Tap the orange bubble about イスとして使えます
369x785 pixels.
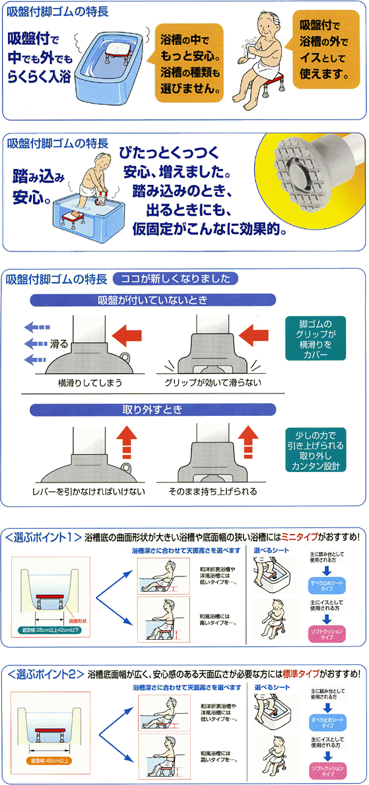pyautogui.click(x=323, y=50)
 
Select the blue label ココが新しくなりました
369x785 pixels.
pyautogui.click(x=171, y=279)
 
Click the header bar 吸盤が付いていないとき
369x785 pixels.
pyautogui.click(x=152, y=300)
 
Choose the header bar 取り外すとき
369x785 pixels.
pyautogui.click(x=152, y=409)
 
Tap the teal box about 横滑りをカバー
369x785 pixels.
pyautogui.click(x=315, y=338)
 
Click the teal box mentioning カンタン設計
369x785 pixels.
pyautogui.click(x=315, y=450)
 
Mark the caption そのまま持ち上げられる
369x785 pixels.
pyautogui.click(x=213, y=492)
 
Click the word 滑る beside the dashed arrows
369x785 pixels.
pyautogui.click(x=59, y=344)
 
